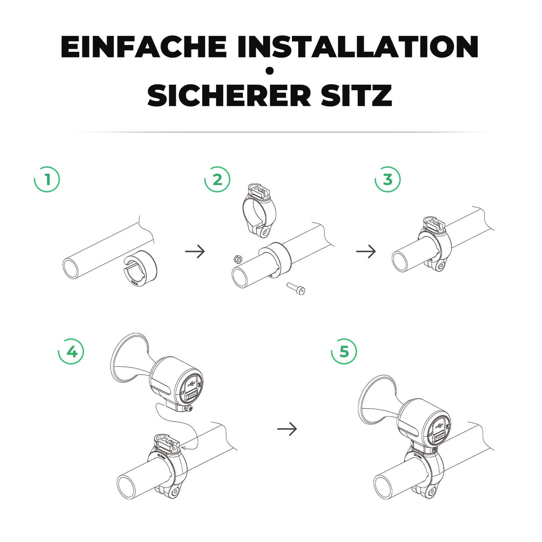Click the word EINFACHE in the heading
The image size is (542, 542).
pos(143,47)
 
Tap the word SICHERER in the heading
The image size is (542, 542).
pos(229,96)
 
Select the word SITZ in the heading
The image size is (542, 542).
pos(356,96)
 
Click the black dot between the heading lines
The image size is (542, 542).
pos(269,71)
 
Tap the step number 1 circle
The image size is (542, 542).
pos(47,179)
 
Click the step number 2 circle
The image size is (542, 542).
pos(218,179)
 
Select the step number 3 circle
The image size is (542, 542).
pos(388,179)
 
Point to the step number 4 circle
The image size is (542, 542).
pos(71,352)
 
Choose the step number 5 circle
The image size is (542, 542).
pos(344,352)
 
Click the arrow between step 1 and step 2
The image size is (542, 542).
pos(195,251)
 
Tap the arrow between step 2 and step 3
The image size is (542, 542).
pos(366,251)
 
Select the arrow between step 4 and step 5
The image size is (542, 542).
pos(287,428)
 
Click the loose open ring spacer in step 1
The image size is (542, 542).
pos(140,267)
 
